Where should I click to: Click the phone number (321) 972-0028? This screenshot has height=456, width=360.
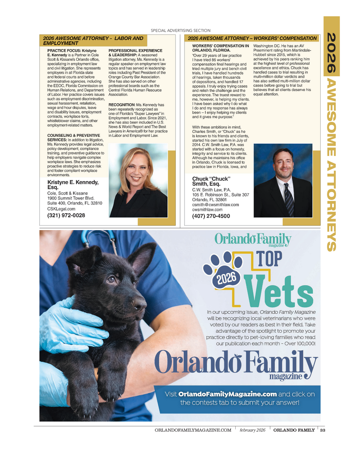(x=66, y=215)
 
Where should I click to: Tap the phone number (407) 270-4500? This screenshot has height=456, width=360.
(x=211, y=216)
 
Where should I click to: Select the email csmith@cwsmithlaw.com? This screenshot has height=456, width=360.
(x=215, y=204)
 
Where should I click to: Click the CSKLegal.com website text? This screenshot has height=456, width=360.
(x=61, y=209)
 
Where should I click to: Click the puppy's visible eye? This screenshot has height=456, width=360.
(x=112, y=279)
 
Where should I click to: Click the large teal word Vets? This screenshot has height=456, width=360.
(x=278, y=292)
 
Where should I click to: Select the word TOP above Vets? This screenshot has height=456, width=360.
(x=269, y=259)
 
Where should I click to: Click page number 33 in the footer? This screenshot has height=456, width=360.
(x=322, y=430)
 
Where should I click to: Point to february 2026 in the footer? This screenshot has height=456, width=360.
(x=252, y=430)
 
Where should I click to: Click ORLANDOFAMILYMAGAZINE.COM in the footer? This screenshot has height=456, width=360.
(x=193, y=430)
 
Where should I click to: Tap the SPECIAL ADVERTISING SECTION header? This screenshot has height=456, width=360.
(x=181, y=31)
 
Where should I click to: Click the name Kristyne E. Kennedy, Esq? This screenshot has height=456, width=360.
(x=73, y=184)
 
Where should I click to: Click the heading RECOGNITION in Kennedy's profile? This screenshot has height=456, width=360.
(x=122, y=105)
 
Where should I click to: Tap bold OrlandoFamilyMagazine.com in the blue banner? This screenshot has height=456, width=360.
(x=227, y=394)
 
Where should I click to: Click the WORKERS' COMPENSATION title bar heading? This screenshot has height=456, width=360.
(x=252, y=38)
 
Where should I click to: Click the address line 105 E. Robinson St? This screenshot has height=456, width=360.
(x=220, y=195)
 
